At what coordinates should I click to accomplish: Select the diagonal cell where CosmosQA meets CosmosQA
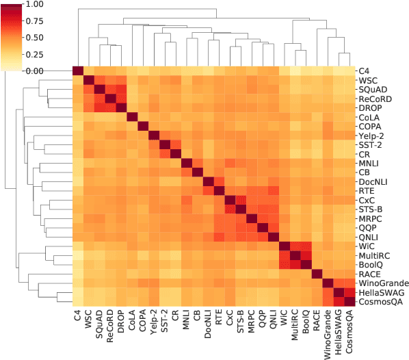pyautogui.click(x=349, y=303)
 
